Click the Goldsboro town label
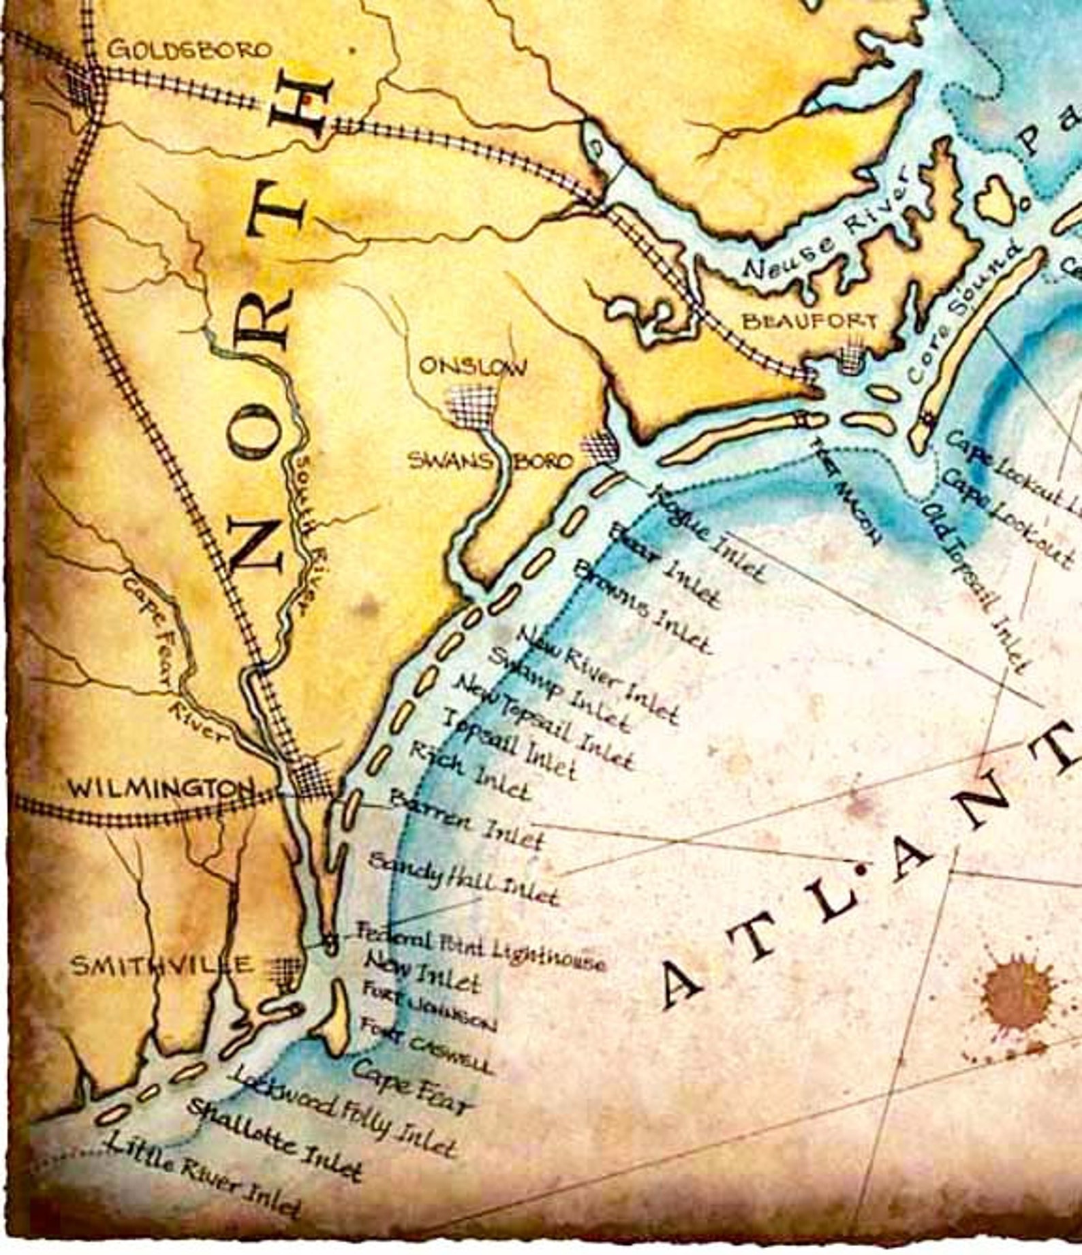coord(190,50)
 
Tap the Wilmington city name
coord(161,789)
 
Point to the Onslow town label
coord(472,367)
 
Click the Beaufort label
coord(809,320)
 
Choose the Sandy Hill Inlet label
coord(463,880)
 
